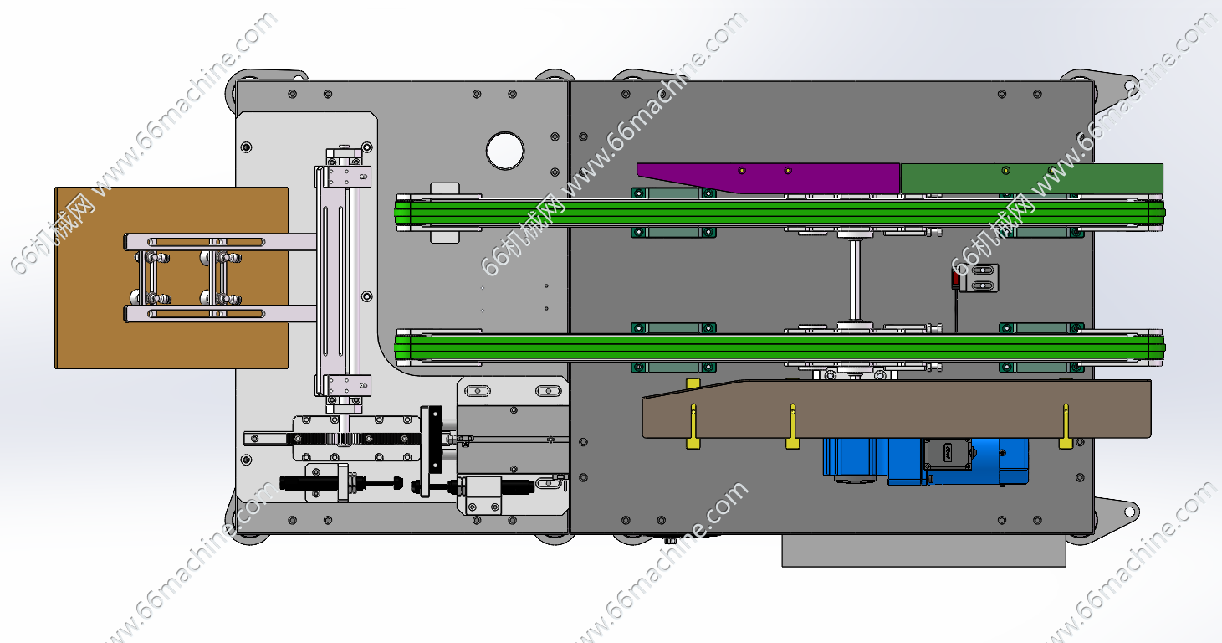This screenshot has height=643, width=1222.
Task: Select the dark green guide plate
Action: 1031,178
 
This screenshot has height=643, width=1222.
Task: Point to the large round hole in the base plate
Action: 504,151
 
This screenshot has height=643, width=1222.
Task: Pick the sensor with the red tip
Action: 975,278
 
